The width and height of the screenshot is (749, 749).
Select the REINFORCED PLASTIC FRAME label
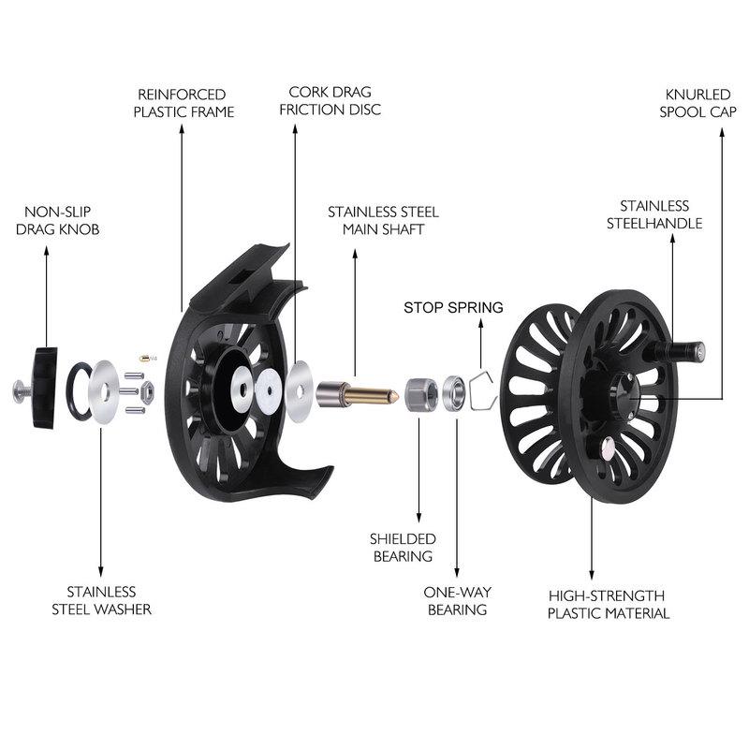[x=183, y=103]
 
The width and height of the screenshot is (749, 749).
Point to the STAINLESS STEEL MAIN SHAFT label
[x=383, y=220]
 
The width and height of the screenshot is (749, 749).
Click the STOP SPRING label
[x=453, y=307]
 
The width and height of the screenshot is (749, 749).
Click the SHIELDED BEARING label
[x=402, y=547]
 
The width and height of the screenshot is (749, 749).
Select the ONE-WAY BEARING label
[x=457, y=600]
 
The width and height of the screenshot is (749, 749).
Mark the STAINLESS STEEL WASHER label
[x=101, y=600]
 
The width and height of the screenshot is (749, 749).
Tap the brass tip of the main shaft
[x=374, y=392]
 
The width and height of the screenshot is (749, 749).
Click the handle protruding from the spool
[x=682, y=350]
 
